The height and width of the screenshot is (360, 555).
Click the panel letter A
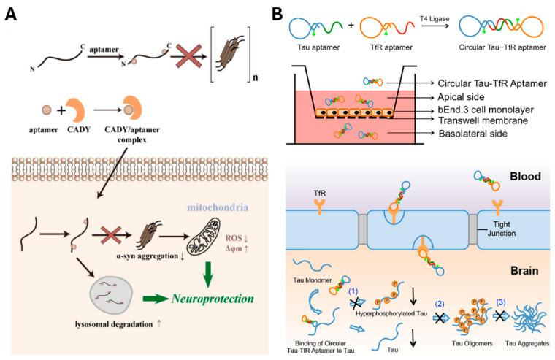click(x=12, y=14)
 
